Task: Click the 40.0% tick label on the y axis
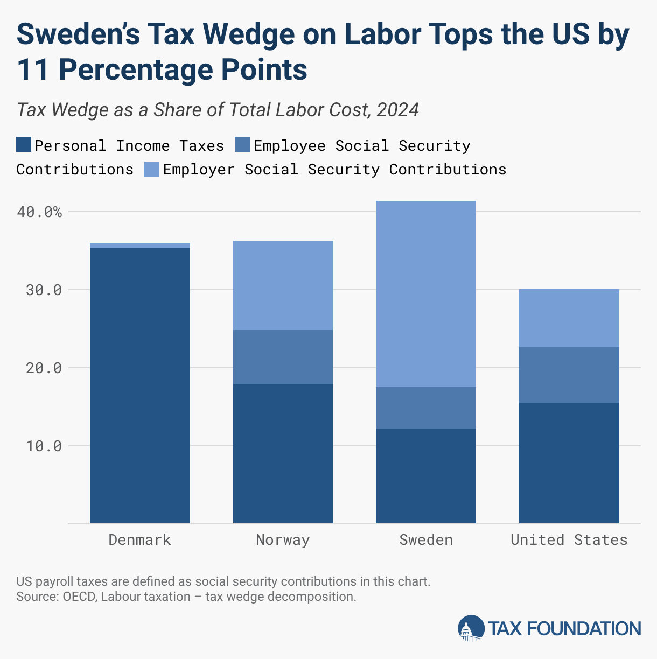(x=39, y=212)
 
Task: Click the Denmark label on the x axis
(x=139, y=540)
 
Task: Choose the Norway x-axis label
(x=283, y=540)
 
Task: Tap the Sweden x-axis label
(x=426, y=540)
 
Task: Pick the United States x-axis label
(x=569, y=540)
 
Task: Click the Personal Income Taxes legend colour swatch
(x=24, y=145)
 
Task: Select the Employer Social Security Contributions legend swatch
(x=152, y=169)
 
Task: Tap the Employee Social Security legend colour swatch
(x=242, y=145)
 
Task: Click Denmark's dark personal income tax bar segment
(x=139, y=385)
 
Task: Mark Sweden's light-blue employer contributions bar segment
(x=426, y=293)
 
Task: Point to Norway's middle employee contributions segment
(x=283, y=356)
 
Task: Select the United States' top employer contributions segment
(x=569, y=318)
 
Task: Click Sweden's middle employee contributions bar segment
(x=426, y=408)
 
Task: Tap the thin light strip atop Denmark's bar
(x=139, y=245)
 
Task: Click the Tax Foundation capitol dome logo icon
(x=471, y=628)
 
